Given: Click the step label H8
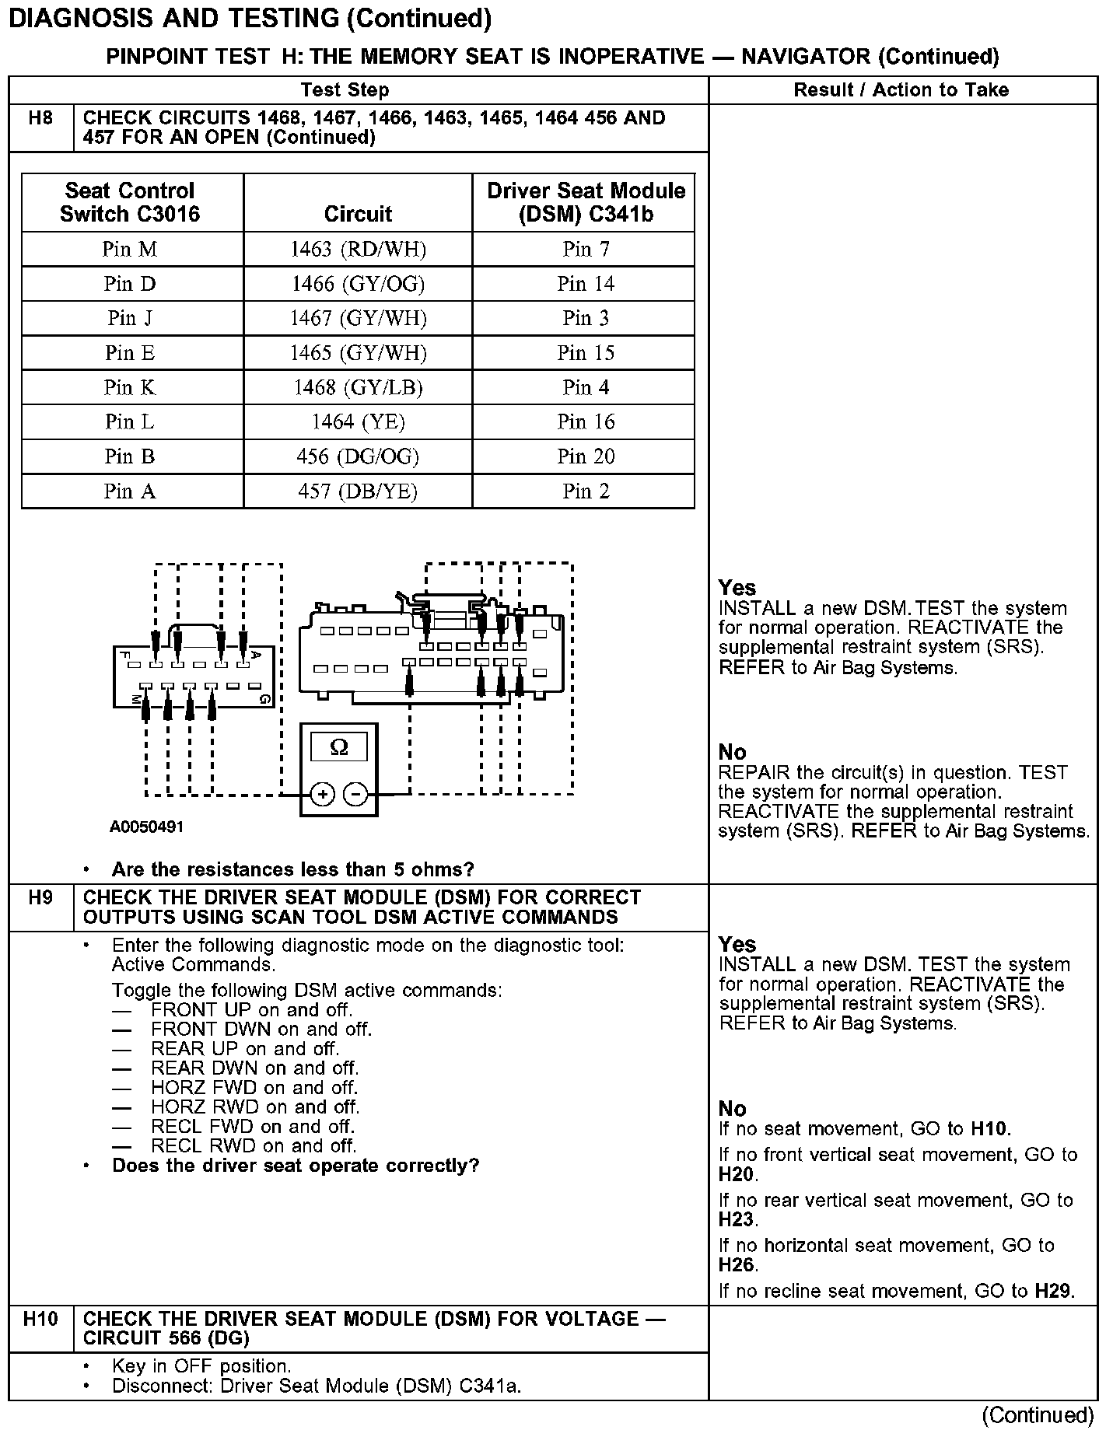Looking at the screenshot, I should pyautogui.click(x=40, y=118).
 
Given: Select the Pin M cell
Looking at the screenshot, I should pyautogui.click(x=130, y=250).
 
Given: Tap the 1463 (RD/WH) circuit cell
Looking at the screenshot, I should pyautogui.click(x=358, y=250).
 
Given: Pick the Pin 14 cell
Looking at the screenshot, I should pyautogui.click(x=585, y=284).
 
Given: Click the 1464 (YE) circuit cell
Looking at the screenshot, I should pyautogui.click(x=358, y=421).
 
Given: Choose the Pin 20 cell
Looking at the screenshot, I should pyautogui.click(x=585, y=456).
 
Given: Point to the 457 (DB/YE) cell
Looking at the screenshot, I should pyautogui.click(x=358, y=491).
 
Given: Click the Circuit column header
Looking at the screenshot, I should pyautogui.click(x=358, y=214).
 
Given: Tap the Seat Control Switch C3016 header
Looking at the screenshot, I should pyautogui.click(x=130, y=202).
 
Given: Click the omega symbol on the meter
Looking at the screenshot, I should pyautogui.click(x=339, y=747).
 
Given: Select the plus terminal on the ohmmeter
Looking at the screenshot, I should pyautogui.click(x=323, y=794).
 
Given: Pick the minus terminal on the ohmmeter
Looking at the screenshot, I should pyautogui.click(x=355, y=794).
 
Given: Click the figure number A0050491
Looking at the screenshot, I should pyautogui.click(x=146, y=827).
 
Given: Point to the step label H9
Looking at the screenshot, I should pyautogui.click(x=40, y=898).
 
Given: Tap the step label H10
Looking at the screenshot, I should pyautogui.click(x=40, y=1319).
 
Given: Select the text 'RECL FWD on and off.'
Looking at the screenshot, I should pyautogui.click(x=253, y=1127).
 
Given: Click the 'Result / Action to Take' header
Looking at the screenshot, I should pyautogui.click(x=901, y=90).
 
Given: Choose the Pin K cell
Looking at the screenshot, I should pyautogui.click(x=130, y=387).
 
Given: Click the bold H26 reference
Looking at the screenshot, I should pyautogui.click(x=736, y=1265).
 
